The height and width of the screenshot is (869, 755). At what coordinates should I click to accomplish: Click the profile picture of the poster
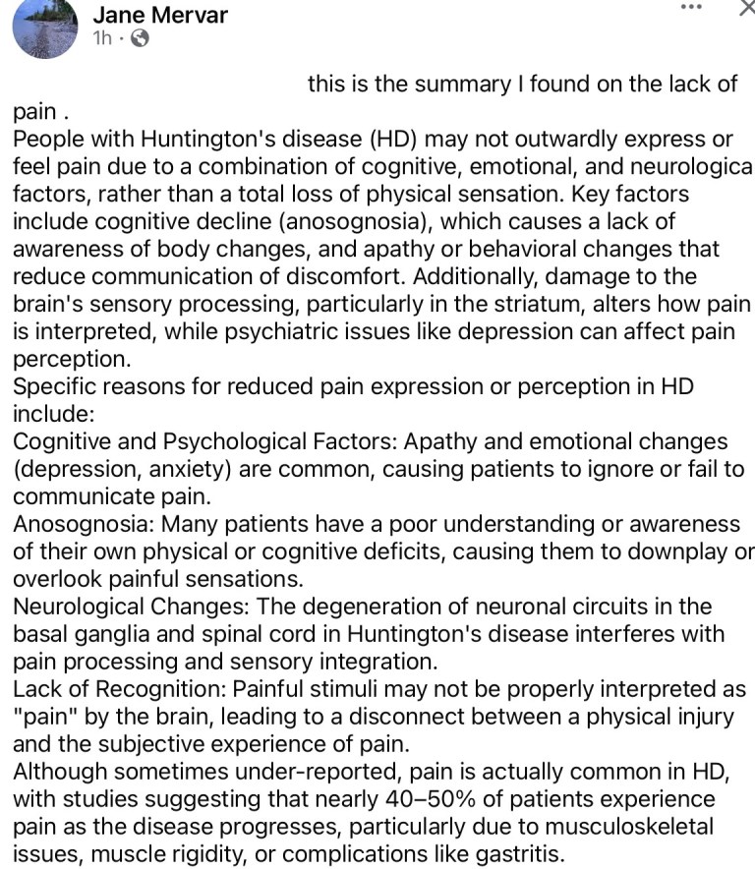point(45,27)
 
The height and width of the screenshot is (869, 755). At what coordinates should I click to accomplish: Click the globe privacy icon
point(140,39)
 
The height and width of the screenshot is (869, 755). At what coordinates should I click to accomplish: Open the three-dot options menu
point(691,7)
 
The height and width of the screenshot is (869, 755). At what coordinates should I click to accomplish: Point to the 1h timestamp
point(102,39)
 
